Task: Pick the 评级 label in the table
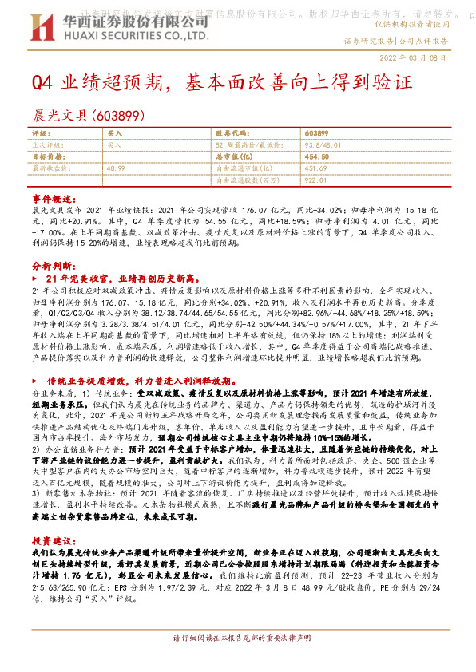click(x=39, y=132)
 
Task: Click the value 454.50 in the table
click(x=317, y=156)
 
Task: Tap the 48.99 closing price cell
click(x=115, y=168)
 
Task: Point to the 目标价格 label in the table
click(x=45, y=156)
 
